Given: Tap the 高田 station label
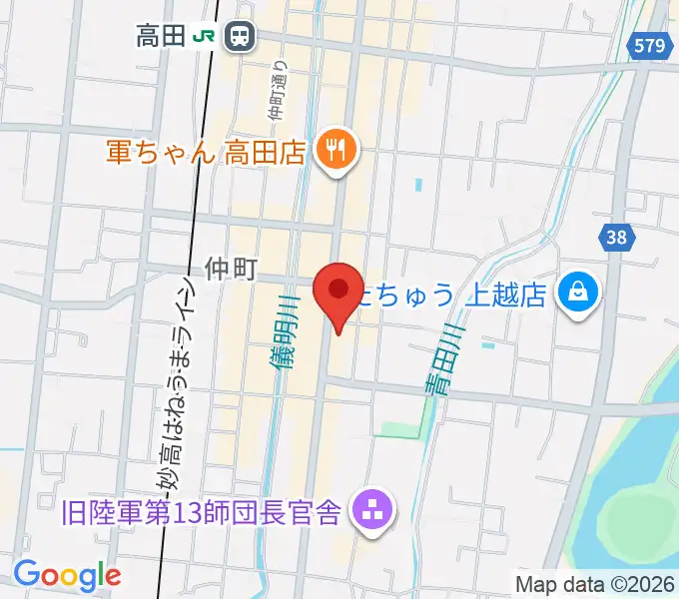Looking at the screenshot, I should click(x=161, y=38).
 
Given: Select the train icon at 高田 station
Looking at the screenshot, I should click(x=240, y=37).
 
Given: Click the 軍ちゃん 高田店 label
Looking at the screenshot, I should click(x=205, y=153).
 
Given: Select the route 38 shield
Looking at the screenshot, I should click(x=616, y=237).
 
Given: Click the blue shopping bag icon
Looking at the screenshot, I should click(x=578, y=293).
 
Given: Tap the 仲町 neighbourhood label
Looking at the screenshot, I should click(x=232, y=268).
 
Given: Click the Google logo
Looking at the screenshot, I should click(x=67, y=575).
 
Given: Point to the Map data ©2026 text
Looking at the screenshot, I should click(x=595, y=583).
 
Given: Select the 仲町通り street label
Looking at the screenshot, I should click(x=279, y=88).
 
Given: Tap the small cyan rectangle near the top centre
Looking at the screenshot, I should click(x=417, y=185).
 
